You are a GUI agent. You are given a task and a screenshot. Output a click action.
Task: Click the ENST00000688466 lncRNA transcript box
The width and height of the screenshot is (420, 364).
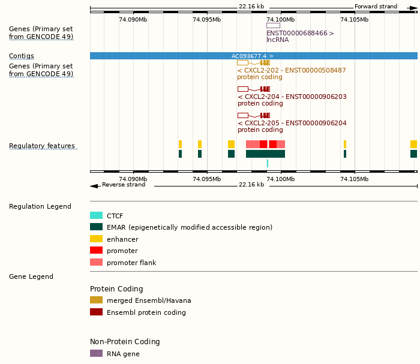pos(273,25)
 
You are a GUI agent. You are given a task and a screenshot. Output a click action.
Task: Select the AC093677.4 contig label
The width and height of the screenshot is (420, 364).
pos(253,56)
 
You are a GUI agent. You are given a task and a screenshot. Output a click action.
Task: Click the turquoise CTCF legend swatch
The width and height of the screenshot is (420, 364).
pos(96,215)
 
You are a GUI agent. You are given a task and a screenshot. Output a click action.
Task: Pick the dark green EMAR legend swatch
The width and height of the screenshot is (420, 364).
pos(96,227)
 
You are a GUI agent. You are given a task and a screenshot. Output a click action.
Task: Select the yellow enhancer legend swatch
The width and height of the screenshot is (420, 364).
pos(96,239)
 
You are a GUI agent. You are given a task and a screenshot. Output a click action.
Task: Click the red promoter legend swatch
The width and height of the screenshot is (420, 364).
pos(96,250)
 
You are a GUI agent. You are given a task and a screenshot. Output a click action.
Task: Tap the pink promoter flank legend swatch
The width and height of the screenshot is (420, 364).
pos(96,262)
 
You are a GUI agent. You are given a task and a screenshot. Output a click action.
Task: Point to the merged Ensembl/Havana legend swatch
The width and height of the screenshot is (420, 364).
pos(96,300)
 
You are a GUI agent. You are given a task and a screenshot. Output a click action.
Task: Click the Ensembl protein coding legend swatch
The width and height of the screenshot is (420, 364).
pos(96,312)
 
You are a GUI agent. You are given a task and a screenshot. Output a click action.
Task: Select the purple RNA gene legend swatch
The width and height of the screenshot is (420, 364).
pos(96,353)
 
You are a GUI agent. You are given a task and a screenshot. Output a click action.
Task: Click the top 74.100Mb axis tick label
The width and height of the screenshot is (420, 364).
pos(281,20)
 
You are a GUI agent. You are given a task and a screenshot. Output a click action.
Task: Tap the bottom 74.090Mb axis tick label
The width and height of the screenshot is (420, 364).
pos(133,179)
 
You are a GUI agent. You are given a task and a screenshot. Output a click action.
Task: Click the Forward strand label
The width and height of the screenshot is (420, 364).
pos(376,7)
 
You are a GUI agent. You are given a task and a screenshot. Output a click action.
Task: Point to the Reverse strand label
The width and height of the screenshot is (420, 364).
pos(124,185)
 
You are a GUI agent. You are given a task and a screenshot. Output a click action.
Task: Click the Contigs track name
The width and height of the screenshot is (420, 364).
pos(22,56)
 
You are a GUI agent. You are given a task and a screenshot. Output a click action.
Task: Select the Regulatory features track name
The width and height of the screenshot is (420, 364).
pos(42,146)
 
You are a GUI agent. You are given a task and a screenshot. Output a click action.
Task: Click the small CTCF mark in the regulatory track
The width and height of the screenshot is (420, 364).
pos(268,163)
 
